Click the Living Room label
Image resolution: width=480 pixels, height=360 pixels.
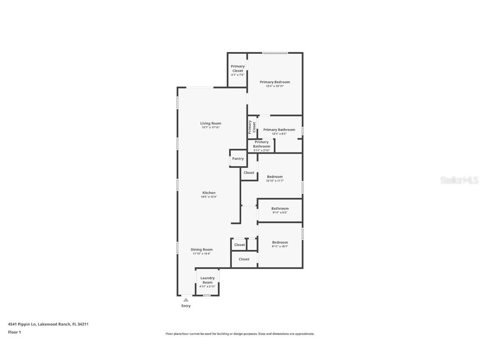click(210, 123)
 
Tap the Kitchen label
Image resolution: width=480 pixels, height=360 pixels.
click(209, 192)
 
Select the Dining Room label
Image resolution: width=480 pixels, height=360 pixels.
click(202, 250)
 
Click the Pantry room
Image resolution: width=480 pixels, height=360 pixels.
click(238, 159)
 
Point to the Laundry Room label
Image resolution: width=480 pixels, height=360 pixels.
click(207, 280)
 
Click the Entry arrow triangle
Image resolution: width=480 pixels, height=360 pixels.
click(186, 300)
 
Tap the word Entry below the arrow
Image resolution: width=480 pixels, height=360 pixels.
click(186, 306)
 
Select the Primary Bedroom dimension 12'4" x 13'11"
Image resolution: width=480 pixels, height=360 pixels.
click(275, 86)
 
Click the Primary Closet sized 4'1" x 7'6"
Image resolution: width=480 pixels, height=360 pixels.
click(237, 70)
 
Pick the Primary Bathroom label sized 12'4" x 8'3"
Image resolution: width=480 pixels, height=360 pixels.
click(279, 130)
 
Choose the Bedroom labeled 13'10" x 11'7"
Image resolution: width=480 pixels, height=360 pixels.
click(275, 178)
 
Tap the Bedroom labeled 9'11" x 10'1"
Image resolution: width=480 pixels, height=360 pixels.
click(280, 244)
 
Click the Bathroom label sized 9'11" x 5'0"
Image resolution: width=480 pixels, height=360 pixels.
click(280, 210)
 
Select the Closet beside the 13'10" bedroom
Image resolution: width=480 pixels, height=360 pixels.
click(249, 172)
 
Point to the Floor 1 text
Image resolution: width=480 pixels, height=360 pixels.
click(14, 332)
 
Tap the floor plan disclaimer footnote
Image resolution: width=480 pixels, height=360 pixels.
click(240, 334)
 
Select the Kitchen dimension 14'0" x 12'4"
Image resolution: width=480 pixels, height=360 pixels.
click(209, 197)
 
